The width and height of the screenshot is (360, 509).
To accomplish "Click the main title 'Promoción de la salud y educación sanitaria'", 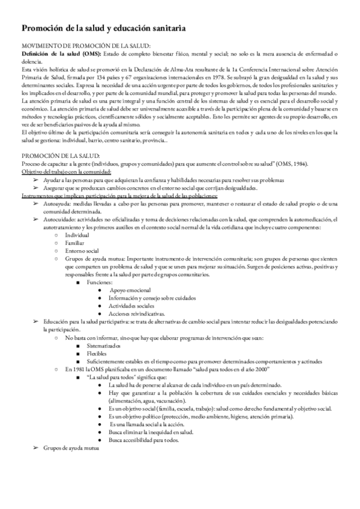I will (x=103, y=28).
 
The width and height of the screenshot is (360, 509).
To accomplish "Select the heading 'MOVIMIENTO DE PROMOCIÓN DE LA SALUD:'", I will (x=86, y=46).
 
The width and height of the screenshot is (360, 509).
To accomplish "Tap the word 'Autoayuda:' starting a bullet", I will (x=58, y=204).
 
